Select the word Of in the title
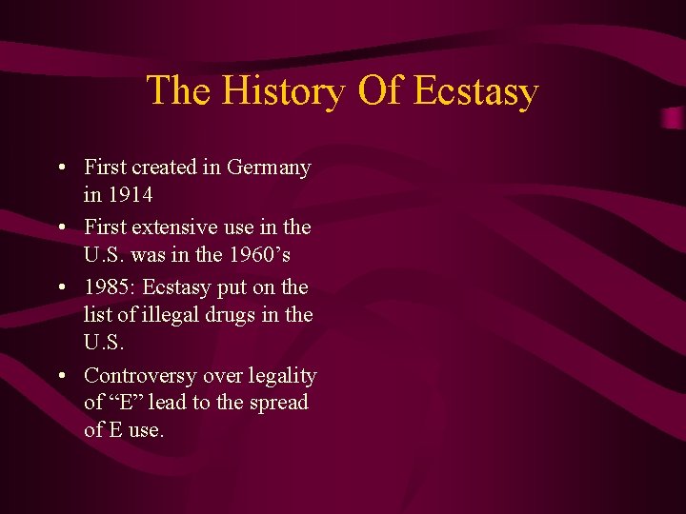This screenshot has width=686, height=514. click(381, 91)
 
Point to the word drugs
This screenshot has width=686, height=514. click(252, 314)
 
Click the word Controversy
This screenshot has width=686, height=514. click(141, 376)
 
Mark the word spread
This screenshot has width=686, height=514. click(278, 404)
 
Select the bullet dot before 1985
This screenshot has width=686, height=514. click(61, 287)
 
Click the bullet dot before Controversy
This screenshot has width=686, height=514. click(61, 377)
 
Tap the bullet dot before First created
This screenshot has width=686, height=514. click(61, 168)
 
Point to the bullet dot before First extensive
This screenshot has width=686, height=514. click(61, 228)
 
